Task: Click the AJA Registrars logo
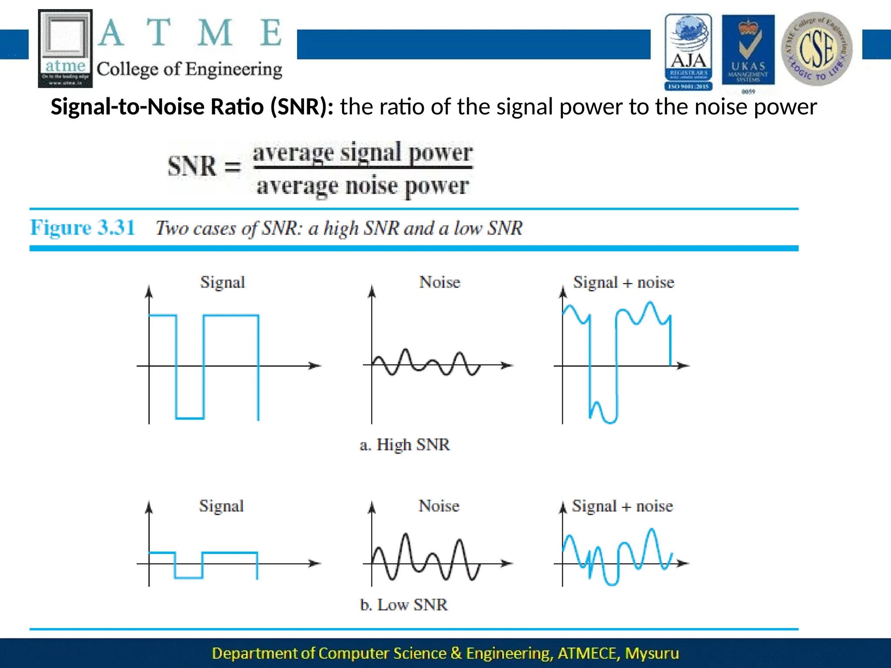pyautogui.click(x=688, y=51)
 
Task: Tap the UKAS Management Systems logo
pyautogui.click(x=748, y=51)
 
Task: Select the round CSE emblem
pyautogui.click(x=817, y=49)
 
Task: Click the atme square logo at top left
pyautogui.click(x=65, y=48)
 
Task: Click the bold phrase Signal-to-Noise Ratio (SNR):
pyautogui.click(x=192, y=107)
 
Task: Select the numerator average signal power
pyautogui.click(x=362, y=153)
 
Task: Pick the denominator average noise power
pyautogui.click(x=362, y=186)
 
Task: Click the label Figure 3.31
pyautogui.click(x=82, y=227)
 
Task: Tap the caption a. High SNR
pyautogui.click(x=405, y=444)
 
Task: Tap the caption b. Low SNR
pyautogui.click(x=404, y=605)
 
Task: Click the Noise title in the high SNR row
pyautogui.click(x=439, y=282)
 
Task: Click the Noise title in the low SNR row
pyautogui.click(x=439, y=506)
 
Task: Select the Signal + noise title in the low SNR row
pyautogui.click(x=622, y=506)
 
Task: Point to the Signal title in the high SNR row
pyautogui.click(x=222, y=282)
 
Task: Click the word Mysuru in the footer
pyautogui.click(x=652, y=653)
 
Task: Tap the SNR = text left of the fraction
pyautogui.click(x=204, y=167)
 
